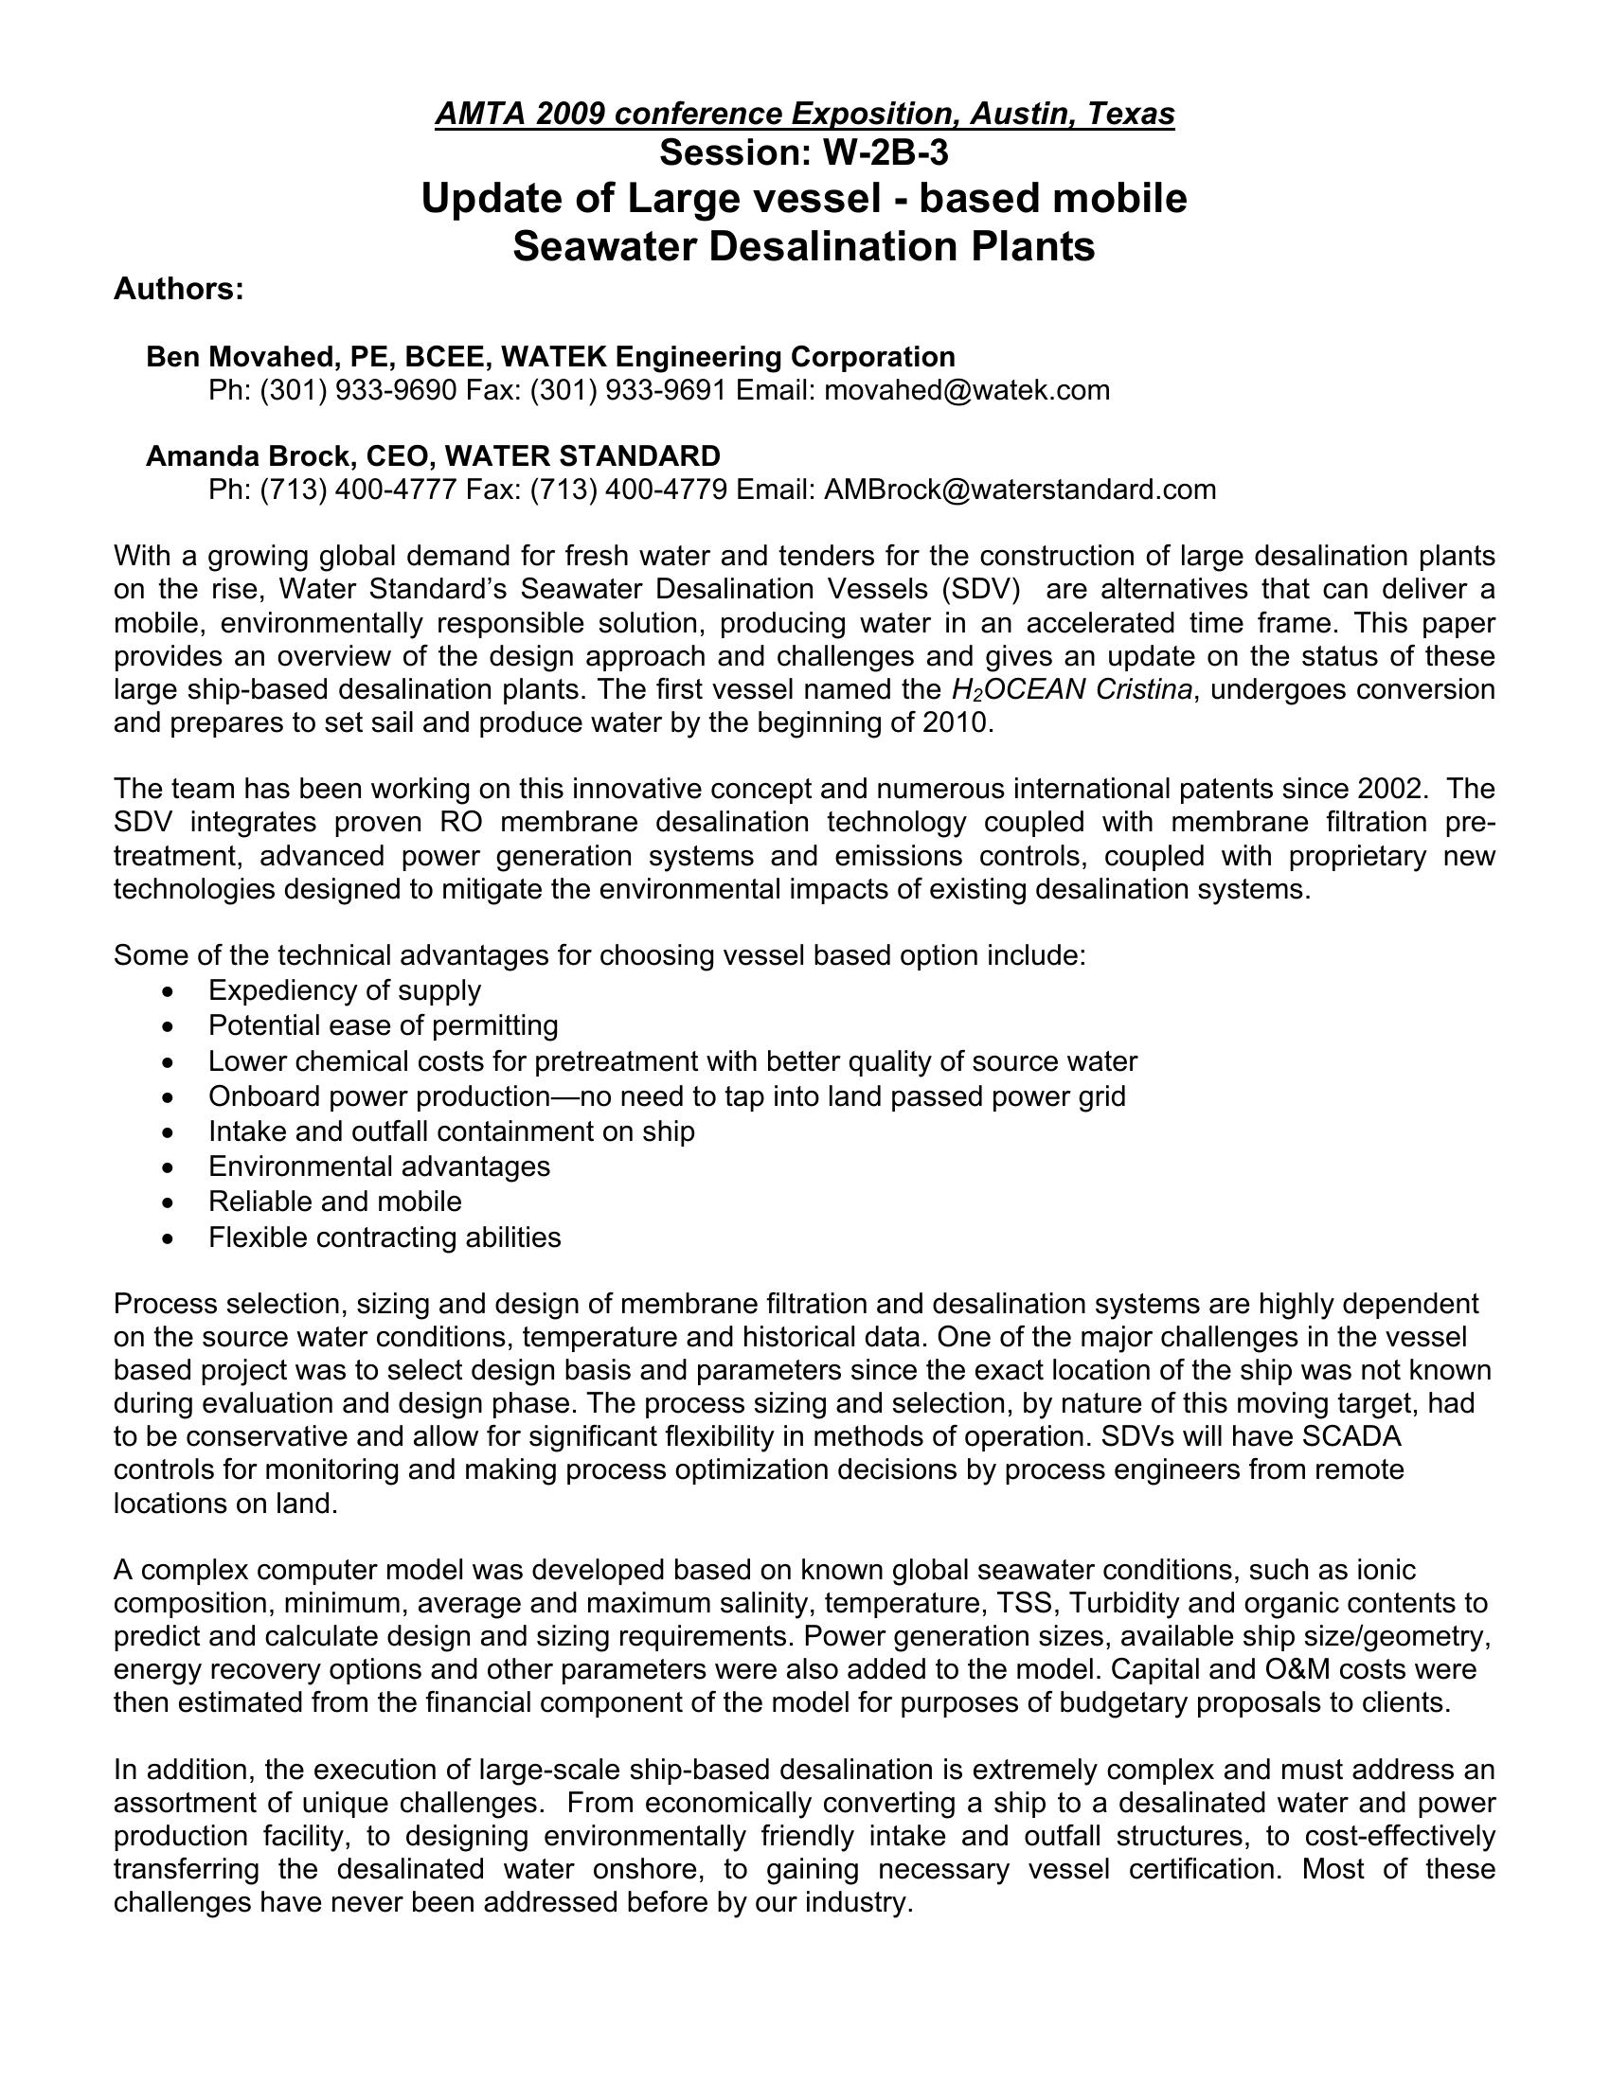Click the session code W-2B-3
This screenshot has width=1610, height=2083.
[x=885, y=152]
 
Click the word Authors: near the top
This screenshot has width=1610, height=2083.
[x=178, y=289]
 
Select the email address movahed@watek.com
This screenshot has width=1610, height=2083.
[x=966, y=390]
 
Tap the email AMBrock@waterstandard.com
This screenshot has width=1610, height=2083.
[x=1020, y=490]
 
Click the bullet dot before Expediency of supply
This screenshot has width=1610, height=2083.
[x=169, y=992]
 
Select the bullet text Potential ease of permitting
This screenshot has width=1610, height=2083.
[x=384, y=1025]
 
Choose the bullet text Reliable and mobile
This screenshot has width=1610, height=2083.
[x=334, y=1201]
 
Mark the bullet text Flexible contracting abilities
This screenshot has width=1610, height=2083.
[x=385, y=1237]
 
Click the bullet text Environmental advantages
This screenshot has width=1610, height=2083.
[x=379, y=1166]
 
